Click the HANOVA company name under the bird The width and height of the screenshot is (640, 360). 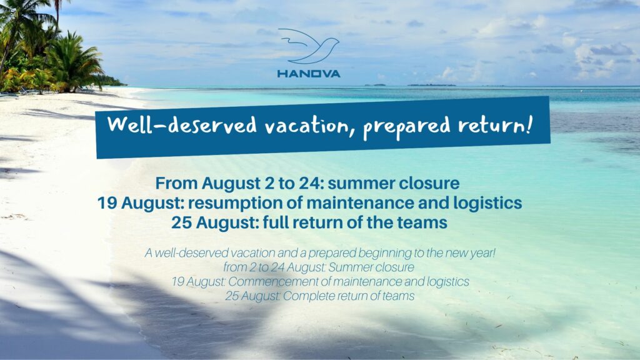(x=309, y=74)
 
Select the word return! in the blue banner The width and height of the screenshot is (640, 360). (x=495, y=125)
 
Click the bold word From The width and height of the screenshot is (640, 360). (x=176, y=183)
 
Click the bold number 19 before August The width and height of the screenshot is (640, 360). (x=107, y=203)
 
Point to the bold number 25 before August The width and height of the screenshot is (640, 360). (x=181, y=223)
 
